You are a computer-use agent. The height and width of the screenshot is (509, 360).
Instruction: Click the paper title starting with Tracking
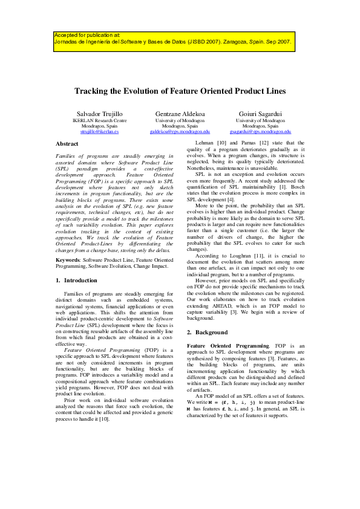(x=180, y=91)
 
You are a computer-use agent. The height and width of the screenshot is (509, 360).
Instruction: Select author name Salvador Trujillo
(x=100, y=114)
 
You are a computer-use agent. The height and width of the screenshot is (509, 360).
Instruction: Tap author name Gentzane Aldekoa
(x=180, y=114)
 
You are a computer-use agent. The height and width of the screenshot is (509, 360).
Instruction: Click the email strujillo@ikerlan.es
(x=100, y=131)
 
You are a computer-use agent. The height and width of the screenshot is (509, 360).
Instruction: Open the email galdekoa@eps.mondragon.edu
(x=180, y=131)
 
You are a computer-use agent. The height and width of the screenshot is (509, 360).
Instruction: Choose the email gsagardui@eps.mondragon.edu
(x=260, y=131)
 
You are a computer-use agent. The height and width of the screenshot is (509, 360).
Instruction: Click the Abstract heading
(x=67, y=144)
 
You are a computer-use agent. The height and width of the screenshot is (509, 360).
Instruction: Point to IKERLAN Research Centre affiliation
(x=100, y=120)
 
